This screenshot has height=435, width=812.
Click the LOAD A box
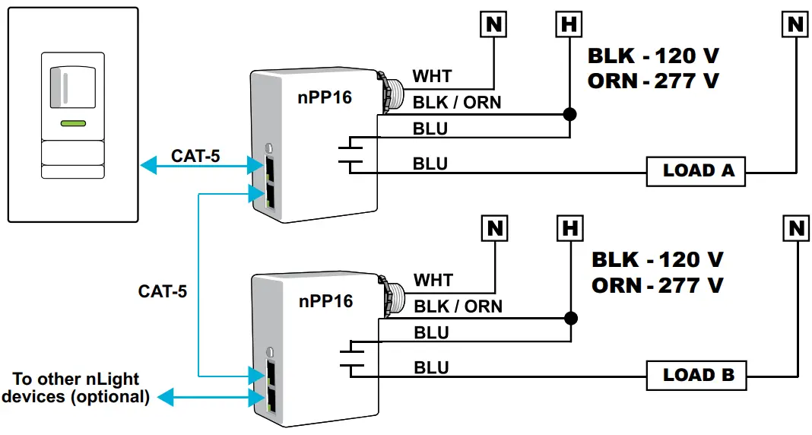tap(696, 171)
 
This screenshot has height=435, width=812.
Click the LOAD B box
tap(696, 375)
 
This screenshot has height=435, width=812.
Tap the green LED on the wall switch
tap(73, 123)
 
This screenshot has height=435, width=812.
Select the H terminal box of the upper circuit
tap(569, 25)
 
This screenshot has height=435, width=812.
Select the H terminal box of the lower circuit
tap(569, 227)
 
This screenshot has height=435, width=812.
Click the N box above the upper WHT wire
tap(494, 25)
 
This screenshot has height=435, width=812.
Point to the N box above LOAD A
tap(795, 25)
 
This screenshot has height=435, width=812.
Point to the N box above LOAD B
tap(795, 227)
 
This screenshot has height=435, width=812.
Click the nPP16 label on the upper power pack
tap(324, 97)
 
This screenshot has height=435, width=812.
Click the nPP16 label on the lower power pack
tap(325, 301)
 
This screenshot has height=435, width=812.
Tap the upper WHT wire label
tap(432, 77)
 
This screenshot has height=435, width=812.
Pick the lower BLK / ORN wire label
tap(458, 306)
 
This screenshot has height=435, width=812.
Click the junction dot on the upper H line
tap(569, 115)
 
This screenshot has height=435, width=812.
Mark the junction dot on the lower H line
tap(569, 319)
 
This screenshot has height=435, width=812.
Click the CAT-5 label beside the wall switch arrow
tap(197, 157)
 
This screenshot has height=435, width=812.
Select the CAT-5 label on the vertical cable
tap(163, 291)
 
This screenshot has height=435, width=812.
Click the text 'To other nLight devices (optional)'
tap(76, 387)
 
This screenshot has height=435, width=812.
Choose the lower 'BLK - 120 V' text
tap(657, 259)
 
